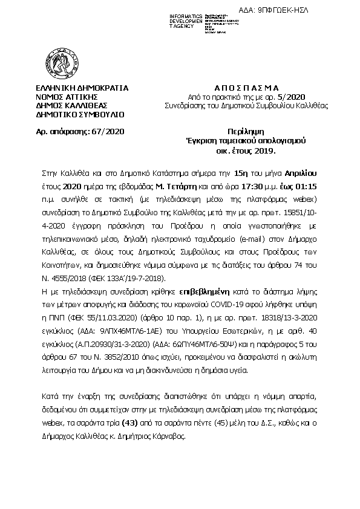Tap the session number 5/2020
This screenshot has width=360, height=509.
coord(292,96)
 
